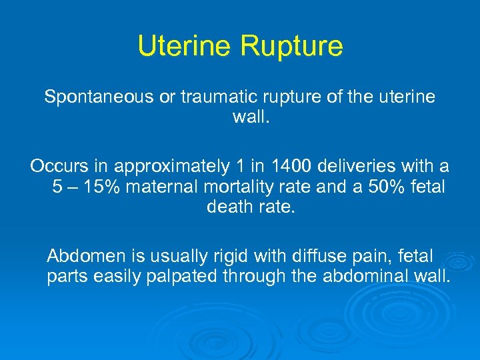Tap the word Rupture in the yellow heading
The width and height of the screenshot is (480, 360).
[x=291, y=46]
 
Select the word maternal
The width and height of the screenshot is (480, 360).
[x=163, y=186]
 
